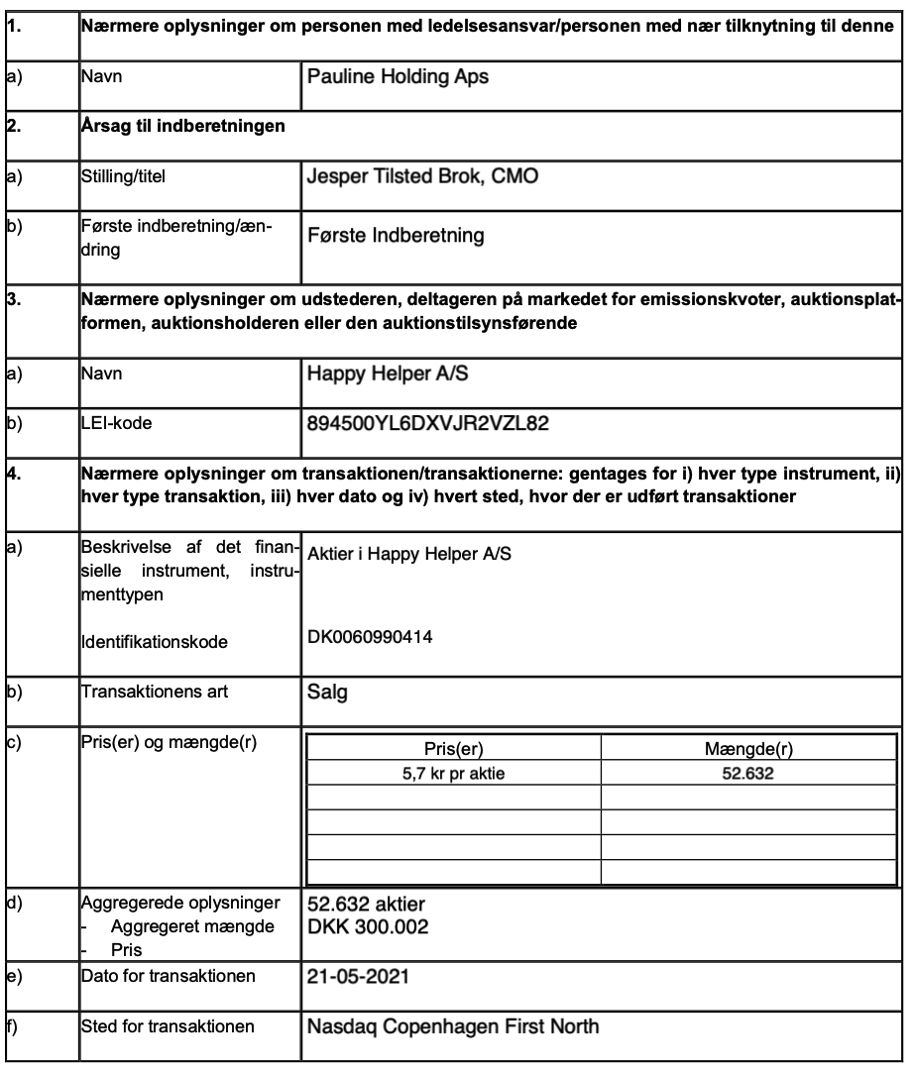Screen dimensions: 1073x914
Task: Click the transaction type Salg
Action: (323, 694)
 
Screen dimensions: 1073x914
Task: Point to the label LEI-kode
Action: (114, 421)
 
